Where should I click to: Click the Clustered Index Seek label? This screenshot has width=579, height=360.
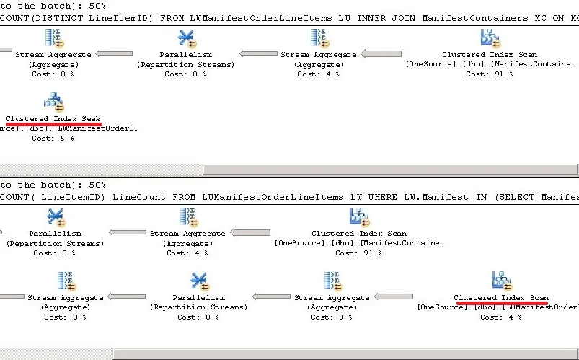tap(53, 118)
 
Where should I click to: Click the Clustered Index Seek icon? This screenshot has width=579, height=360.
tap(53, 101)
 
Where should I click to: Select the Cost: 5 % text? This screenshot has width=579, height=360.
tap(53, 138)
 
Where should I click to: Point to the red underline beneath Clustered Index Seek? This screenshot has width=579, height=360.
tap(53, 124)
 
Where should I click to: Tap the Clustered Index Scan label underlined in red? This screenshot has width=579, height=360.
tap(501, 297)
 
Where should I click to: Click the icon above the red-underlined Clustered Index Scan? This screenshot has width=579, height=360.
tap(501, 280)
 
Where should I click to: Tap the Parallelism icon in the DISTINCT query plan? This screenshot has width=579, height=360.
tap(186, 37)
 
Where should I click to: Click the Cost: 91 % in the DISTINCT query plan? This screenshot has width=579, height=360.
tap(489, 74)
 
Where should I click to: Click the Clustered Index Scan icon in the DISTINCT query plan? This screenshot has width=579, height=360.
tap(489, 37)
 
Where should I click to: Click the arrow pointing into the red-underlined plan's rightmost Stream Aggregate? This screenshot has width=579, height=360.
tap(403, 297)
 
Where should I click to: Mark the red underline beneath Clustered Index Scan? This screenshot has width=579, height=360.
tap(501, 303)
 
